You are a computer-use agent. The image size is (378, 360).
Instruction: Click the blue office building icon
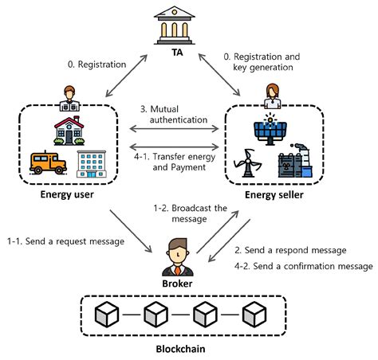(90, 162)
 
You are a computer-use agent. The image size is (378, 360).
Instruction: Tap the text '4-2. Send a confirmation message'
(303, 264)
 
